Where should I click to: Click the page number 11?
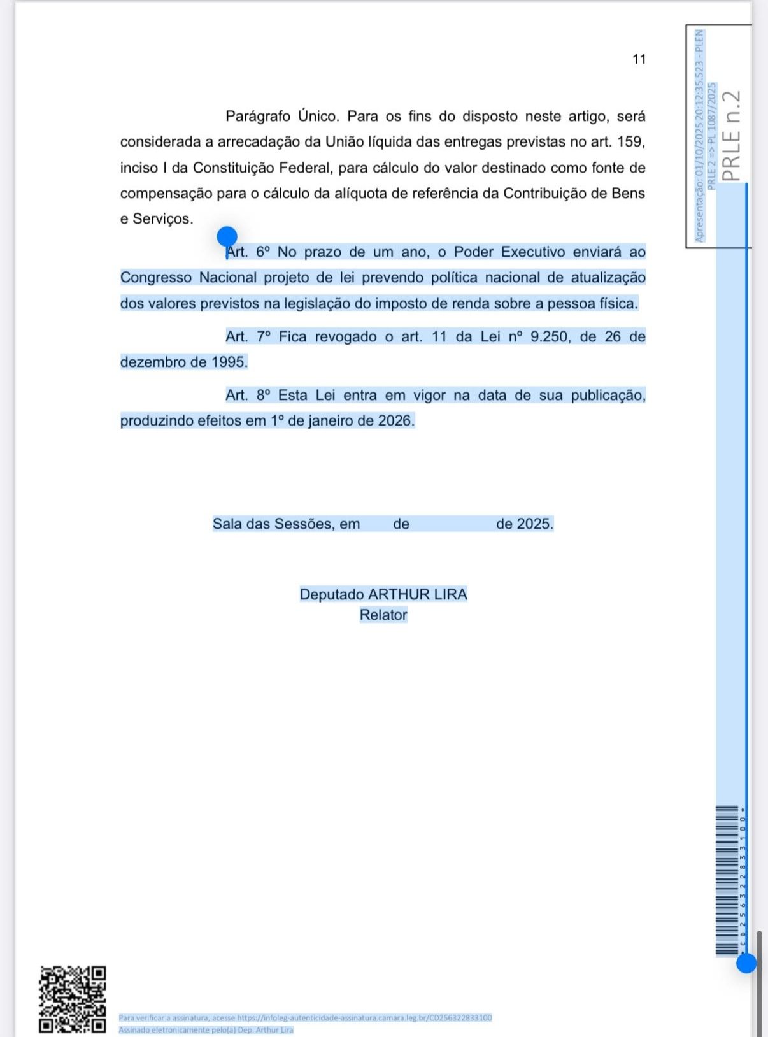(x=639, y=59)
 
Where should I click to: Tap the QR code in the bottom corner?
(x=73, y=999)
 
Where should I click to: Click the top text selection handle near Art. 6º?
(x=227, y=237)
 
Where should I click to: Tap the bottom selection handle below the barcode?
(x=746, y=962)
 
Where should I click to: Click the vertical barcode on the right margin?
(x=727, y=880)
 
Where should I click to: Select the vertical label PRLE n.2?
(x=732, y=136)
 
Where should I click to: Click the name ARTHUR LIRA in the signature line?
(x=418, y=594)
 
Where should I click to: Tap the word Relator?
(x=383, y=615)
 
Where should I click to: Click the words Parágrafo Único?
(x=282, y=117)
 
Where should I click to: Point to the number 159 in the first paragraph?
(x=630, y=142)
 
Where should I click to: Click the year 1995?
(x=229, y=362)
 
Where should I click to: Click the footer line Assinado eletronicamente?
(x=206, y=1030)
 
